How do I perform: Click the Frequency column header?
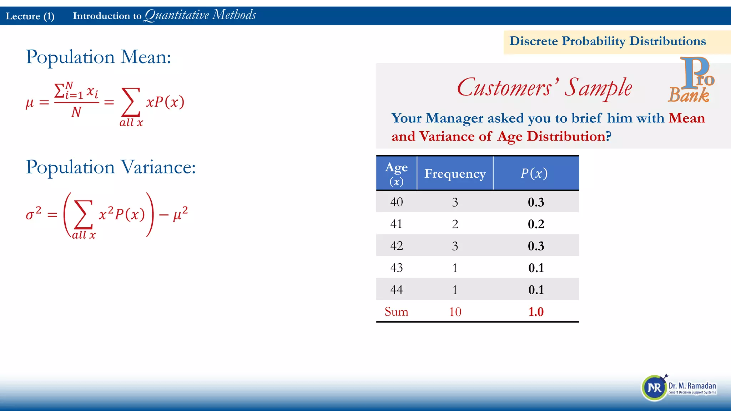coord(455,174)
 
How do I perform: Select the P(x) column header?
coord(534,173)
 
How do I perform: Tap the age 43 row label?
coord(396,268)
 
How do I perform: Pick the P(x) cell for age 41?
coord(536,224)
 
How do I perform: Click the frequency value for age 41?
coord(455,224)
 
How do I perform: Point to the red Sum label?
coord(396,311)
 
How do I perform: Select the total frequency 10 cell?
coord(455,312)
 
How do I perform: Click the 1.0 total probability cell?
coord(536,312)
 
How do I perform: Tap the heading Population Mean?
coord(99,57)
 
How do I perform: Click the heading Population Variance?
coord(111,167)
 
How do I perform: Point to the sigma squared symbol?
coord(33,214)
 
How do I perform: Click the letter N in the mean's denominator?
coord(76,112)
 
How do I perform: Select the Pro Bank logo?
coord(692,80)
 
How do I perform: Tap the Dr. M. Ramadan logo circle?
coord(654,388)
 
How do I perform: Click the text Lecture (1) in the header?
coord(30,16)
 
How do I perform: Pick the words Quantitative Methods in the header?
coord(200,15)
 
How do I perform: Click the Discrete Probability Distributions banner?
coord(607,41)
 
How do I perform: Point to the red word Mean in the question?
coord(687,118)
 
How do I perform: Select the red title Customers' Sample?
coord(544,88)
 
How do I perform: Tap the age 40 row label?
coord(396,202)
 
